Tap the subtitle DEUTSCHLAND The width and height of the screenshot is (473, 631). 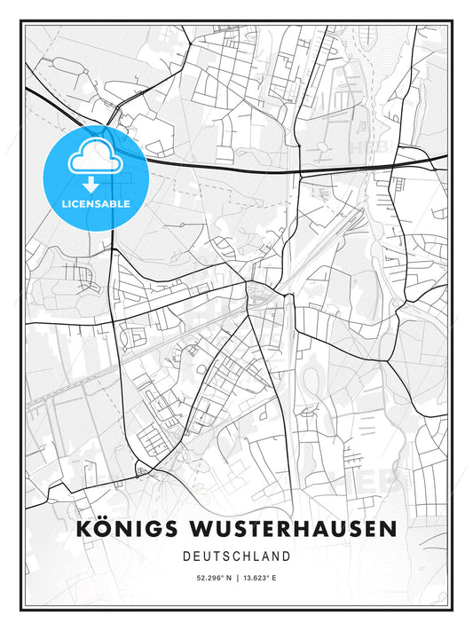[236, 556]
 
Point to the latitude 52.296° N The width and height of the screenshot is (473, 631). [206, 578]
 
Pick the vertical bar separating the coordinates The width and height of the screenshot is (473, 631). [236, 578]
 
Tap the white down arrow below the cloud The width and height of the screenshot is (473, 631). [91, 185]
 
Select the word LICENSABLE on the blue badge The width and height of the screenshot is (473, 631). [96, 204]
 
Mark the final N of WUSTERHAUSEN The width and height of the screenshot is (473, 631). [388, 528]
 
